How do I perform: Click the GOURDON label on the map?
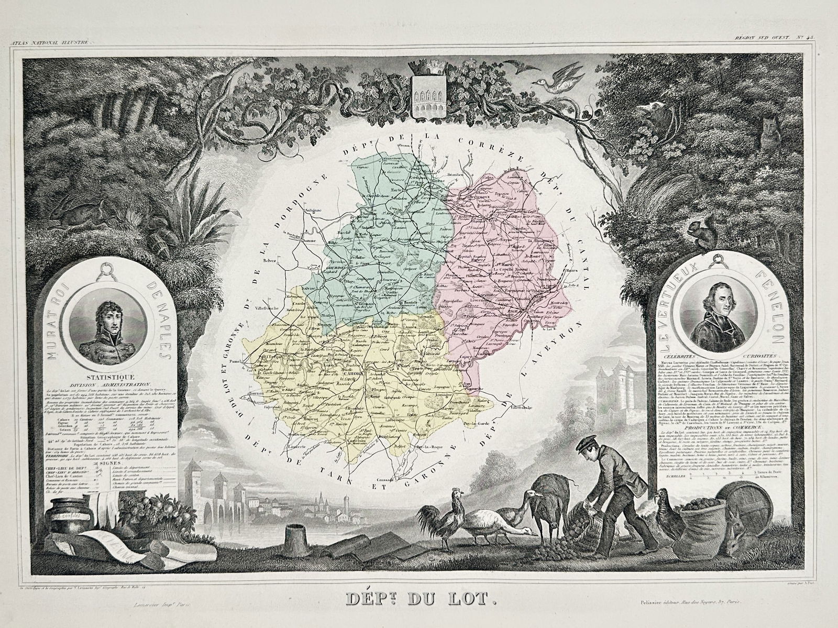[340, 268]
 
